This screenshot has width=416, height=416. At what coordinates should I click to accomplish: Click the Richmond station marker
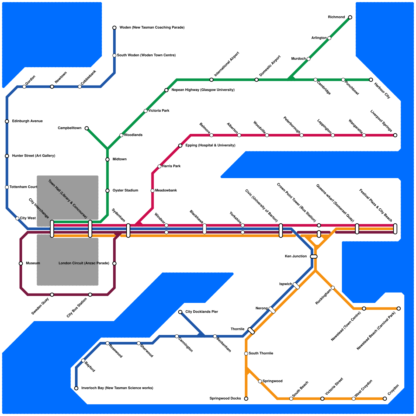point(350,17)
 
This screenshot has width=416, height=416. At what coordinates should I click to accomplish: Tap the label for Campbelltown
point(69,128)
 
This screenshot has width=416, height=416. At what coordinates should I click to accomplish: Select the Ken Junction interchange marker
point(314,257)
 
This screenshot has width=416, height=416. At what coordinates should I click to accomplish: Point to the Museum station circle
point(21,264)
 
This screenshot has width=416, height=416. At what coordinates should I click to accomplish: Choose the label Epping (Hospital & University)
point(210,145)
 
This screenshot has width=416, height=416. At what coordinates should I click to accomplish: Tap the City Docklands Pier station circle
point(180,312)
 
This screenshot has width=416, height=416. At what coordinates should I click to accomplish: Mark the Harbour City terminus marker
point(371,80)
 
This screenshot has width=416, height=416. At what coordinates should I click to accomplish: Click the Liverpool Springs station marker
point(395,135)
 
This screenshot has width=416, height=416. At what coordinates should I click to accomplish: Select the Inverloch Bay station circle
point(76,388)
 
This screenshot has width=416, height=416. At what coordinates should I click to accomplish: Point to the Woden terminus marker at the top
point(114,28)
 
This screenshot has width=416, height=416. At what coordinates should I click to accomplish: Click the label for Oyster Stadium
point(125,191)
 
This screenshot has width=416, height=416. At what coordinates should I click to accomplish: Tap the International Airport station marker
point(211,80)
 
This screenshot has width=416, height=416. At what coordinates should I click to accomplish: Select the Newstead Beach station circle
point(399,309)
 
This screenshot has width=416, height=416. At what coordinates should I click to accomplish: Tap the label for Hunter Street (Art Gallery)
point(34,156)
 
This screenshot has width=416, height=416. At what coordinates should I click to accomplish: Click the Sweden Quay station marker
point(52,295)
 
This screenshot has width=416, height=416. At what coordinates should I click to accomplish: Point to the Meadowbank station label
point(166,191)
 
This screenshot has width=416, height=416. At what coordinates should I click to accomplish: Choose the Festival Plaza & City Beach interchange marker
point(395,229)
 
